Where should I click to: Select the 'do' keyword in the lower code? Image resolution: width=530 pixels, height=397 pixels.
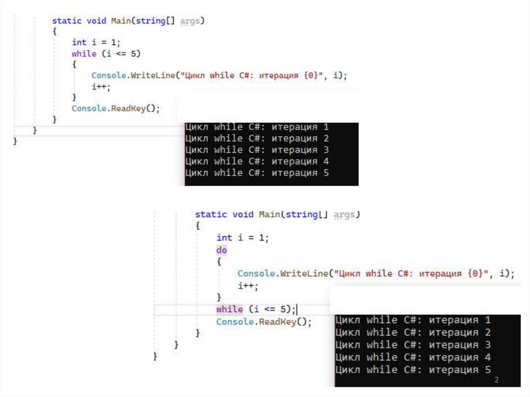(x=222, y=250)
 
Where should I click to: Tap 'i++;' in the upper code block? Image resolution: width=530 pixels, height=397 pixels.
(x=101, y=87)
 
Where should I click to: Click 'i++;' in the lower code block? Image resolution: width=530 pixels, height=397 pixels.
(x=247, y=286)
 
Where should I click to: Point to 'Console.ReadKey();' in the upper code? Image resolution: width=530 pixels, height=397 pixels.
(x=116, y=109)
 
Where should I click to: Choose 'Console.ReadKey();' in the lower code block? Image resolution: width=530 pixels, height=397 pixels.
(x=264, y=322)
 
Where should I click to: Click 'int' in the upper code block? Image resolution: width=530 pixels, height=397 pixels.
(x=79, y=42)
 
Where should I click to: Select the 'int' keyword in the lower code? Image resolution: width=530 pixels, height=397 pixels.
(x=224, y=238)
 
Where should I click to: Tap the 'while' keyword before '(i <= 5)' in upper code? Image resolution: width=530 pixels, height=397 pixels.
(x=84, y=53)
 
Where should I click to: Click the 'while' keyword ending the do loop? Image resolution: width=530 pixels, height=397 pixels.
(x=229, y=310)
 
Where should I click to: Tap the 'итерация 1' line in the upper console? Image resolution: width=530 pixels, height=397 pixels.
(x=257, y=127)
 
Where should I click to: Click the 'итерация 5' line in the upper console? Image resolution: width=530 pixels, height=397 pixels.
(x=257, y=173)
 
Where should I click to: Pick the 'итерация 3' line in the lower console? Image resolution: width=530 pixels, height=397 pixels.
(x=413, y=345)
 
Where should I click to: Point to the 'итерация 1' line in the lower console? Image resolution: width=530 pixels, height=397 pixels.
(x=413, y=320)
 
